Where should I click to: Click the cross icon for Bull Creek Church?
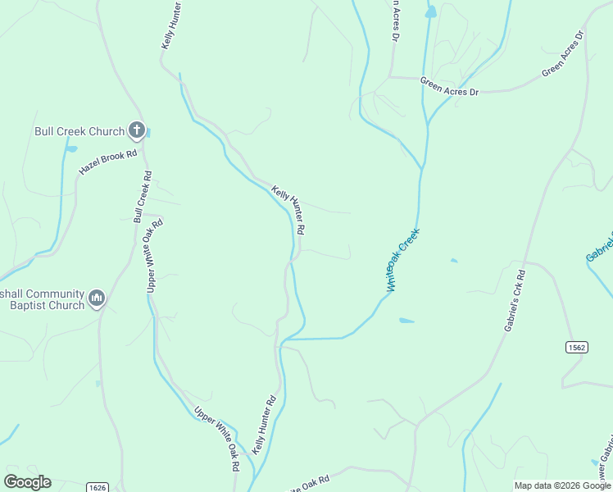(137, 130)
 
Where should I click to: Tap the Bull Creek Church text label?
(79, 130)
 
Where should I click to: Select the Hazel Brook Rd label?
(107, 161)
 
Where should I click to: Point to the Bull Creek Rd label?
(142, 197)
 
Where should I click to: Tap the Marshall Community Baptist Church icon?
(97, 298)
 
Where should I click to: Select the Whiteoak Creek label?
(402, 260)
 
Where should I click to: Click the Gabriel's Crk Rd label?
(515, 298)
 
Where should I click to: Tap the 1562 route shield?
(576, 348)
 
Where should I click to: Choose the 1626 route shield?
(97, 487)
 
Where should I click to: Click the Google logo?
(27, 481)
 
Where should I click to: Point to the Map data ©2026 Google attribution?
(561, 485)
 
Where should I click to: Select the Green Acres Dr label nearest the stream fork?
(448, 86)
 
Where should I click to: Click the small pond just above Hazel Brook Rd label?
(71, 149)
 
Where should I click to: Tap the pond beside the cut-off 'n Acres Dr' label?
(430, 12)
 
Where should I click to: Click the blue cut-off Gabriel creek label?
(600, 248)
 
